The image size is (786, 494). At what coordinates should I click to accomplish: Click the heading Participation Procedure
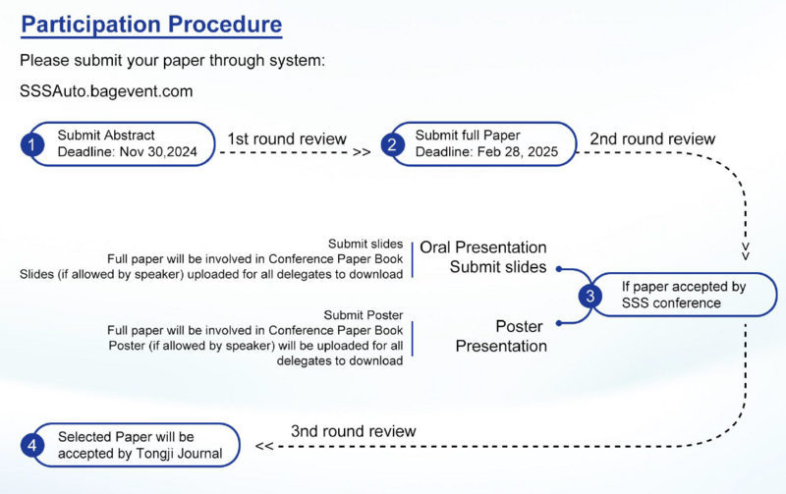(x=151, y=25)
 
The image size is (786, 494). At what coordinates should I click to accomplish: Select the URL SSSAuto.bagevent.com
(x=106, y=91)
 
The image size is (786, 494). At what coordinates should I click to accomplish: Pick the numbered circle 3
(x=589, y=295)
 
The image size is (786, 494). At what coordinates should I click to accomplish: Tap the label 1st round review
(x=287, y=138)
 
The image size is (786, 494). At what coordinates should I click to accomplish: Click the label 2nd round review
(x=652, y=138)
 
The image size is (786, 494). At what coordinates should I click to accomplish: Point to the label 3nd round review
(x=354, y=431)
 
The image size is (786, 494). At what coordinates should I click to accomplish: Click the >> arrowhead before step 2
(x=362, y=152)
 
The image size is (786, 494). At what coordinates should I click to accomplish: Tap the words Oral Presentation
(x=483, y=247)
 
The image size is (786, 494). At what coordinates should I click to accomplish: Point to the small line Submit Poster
(x=364, y=314)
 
